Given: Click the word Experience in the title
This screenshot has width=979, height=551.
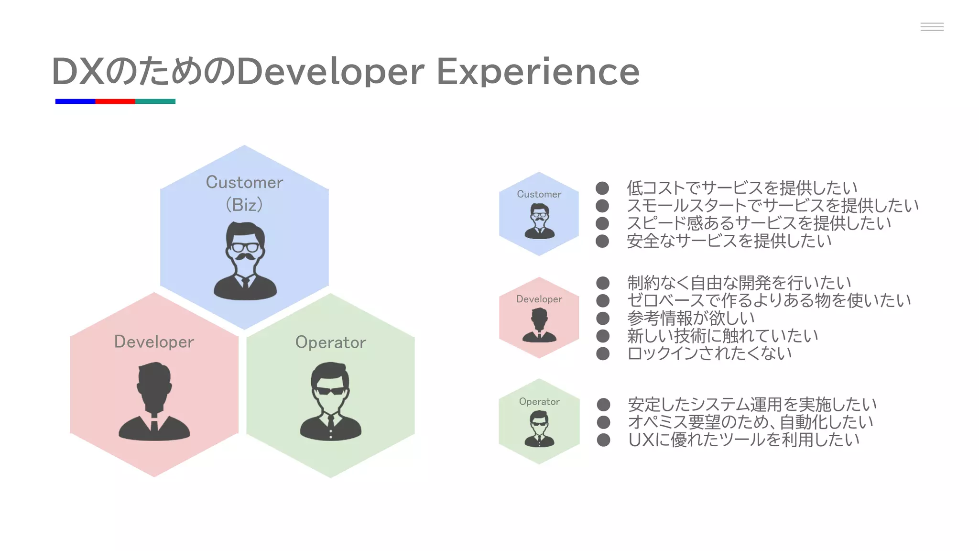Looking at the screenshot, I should pyautogui.click(x=538, y=72).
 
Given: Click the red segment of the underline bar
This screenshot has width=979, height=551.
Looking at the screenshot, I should pyautogui.click(x=115, y=101).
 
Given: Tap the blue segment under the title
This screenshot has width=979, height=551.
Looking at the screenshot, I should pyautogui.click(x=75, y=101).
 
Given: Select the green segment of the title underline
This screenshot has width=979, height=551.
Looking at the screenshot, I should pyautogui.click(x=155, y=101).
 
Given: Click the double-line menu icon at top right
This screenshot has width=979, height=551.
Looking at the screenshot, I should pyautogui.click(x=932, y=27).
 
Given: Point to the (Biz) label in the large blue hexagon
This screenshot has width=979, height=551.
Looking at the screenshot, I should pyautogui.click(x=244, y=205).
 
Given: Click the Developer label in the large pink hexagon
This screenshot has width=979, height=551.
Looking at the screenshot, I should pyautogui.click(x=154, y=342).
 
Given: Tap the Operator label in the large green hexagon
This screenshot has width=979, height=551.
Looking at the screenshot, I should pyautogui.click(x=330, y=342).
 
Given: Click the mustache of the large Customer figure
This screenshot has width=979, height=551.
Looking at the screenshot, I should pyautogui.click(x=245, y=257).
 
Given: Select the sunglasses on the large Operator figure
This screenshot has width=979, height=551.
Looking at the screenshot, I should pyautogui.click(x=330, y=390).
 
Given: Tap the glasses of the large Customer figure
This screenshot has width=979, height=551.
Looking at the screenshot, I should pyautogui.click(x=245, y=247).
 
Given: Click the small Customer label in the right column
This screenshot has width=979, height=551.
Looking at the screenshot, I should pyautogui.click(x=539, y=194).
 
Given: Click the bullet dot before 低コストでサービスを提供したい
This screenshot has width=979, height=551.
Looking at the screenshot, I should pyautogui.click(x=602, y=188).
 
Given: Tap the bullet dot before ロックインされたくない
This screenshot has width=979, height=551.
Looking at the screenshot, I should pyautogui.click(x=603, y=353).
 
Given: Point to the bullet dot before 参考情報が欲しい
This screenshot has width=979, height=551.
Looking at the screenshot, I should pyautogui.click(x=603, y=318).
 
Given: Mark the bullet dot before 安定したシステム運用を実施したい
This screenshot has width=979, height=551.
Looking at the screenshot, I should pyautogui.click(x=603, y=405).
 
